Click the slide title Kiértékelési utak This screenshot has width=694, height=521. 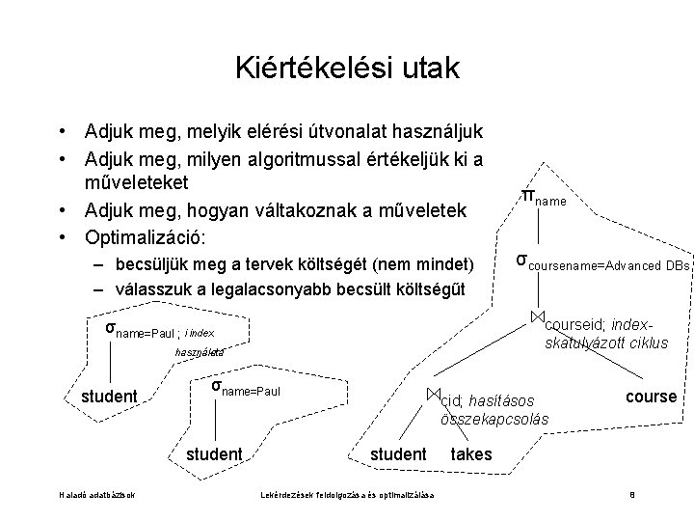click(x=347, y=69)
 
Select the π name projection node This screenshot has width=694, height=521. click(x=542, y=198)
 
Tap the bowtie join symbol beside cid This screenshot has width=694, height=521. click(x=433, y=394)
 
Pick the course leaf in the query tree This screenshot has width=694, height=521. click(x=651, y=397)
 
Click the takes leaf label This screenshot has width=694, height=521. click(x=470, y=453)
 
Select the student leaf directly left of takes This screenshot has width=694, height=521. click(x=398, y=453)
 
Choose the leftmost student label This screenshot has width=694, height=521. click(x=109, y=397)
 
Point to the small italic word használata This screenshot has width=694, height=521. click(x=199, y=353)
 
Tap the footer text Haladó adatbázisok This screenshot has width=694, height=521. click(x=96, y=496)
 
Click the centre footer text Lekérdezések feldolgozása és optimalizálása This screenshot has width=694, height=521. click(x=347, y=496)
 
